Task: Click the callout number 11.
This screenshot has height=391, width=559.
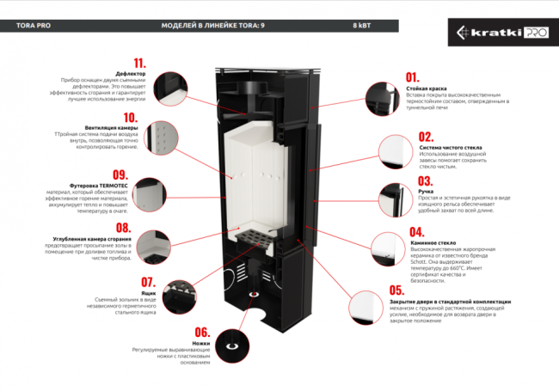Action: coord(138,63)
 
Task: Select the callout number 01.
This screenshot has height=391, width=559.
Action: coord(413,77)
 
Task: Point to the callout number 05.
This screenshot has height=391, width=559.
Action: coord(397,290)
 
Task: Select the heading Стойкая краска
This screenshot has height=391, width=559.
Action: coord(426,88)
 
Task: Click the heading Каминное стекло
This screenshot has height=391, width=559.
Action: coord(429,243)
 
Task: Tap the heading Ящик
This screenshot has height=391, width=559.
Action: coord(147,292)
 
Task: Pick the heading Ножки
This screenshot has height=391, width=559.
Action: coord(202,342)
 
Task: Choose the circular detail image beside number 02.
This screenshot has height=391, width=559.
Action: coord(397,156)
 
